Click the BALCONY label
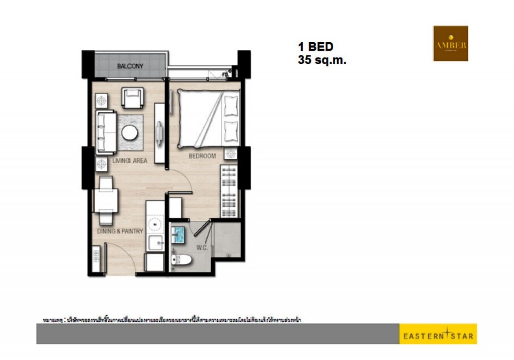pos(130,66)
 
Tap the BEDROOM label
pos(202,156)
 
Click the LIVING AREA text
pos(130,161)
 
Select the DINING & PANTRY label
pos(120,231)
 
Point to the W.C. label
pos(203,247)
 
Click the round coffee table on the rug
pos(130,133)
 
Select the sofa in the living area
pos(106,132)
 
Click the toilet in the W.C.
pos(180,259)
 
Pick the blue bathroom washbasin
pos(178,233)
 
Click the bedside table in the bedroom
pos(230,154)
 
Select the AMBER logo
pos(450,44)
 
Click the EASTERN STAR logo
pos(438,334)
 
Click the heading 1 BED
pos(316,47)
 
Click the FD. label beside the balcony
pos(225,75)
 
